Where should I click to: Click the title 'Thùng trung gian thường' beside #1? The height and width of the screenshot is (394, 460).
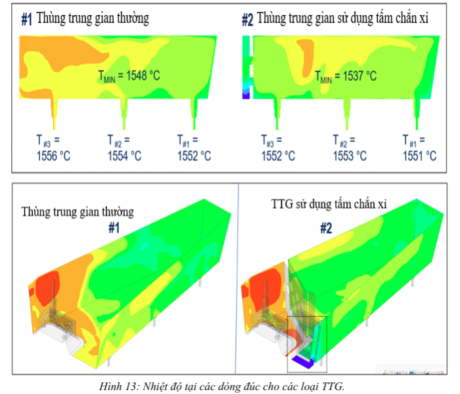coord(93,18)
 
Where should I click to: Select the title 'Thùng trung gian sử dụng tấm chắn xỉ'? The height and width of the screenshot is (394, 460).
coord(343,18)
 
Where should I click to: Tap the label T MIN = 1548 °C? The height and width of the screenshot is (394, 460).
coord(129,76)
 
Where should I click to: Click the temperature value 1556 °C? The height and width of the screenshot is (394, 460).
coord(52,156)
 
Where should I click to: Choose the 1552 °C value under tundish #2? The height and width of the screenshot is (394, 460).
coord(278,156)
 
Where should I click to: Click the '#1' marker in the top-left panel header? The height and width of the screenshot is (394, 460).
coord(26,20)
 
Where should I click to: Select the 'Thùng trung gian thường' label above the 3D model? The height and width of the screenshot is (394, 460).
coord(78,212)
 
